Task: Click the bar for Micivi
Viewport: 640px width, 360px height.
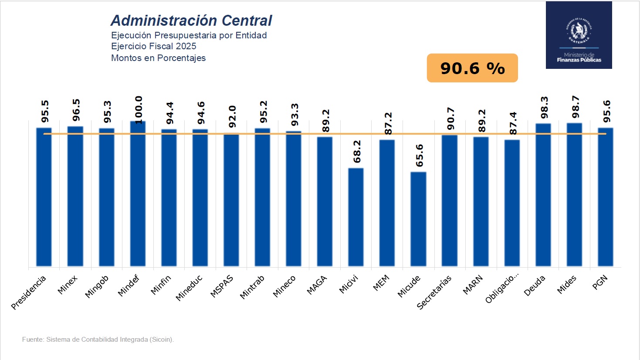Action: [x=356, y=217]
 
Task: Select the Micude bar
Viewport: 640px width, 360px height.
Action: [x=418, y=219]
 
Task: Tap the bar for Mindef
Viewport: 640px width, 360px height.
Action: [x=138, y=194]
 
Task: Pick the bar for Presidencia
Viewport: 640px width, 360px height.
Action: [x=44, y=197]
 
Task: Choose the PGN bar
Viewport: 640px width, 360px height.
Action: [x=605, y=197]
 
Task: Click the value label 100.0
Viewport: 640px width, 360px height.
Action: [x=139, y=110]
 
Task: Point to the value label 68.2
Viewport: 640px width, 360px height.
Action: [x=357, y=152]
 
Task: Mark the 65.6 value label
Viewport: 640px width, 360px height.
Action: [x=419, y=156]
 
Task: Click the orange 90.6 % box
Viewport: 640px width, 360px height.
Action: [x=472, y=68]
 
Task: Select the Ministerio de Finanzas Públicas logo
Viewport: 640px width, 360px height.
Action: [x=579, y=35]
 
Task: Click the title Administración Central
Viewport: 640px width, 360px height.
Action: [x=191, y=20]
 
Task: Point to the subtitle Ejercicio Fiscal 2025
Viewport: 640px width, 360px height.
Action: [x=153, y=46]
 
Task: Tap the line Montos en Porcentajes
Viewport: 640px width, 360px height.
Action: [x=158, y=58]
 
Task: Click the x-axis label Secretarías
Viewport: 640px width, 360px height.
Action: [x=434, y=292]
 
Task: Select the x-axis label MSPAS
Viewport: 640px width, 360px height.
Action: [x=222, y=286]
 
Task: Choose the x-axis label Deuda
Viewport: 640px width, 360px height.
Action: [x=534, y=286]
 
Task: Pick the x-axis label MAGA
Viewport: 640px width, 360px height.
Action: [x=317, y=285]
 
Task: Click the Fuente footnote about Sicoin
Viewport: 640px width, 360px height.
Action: [x=98, y=340]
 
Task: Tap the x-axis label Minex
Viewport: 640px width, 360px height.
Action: [x=68, y=285]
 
